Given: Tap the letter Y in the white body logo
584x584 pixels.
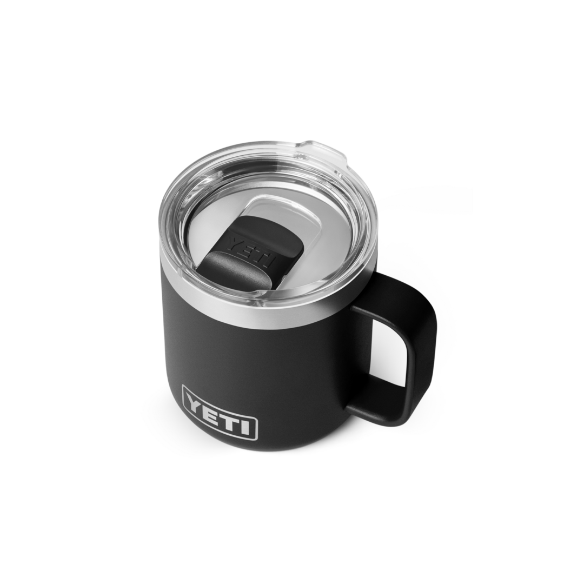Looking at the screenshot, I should pyautogui.click(x=195, y=401).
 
